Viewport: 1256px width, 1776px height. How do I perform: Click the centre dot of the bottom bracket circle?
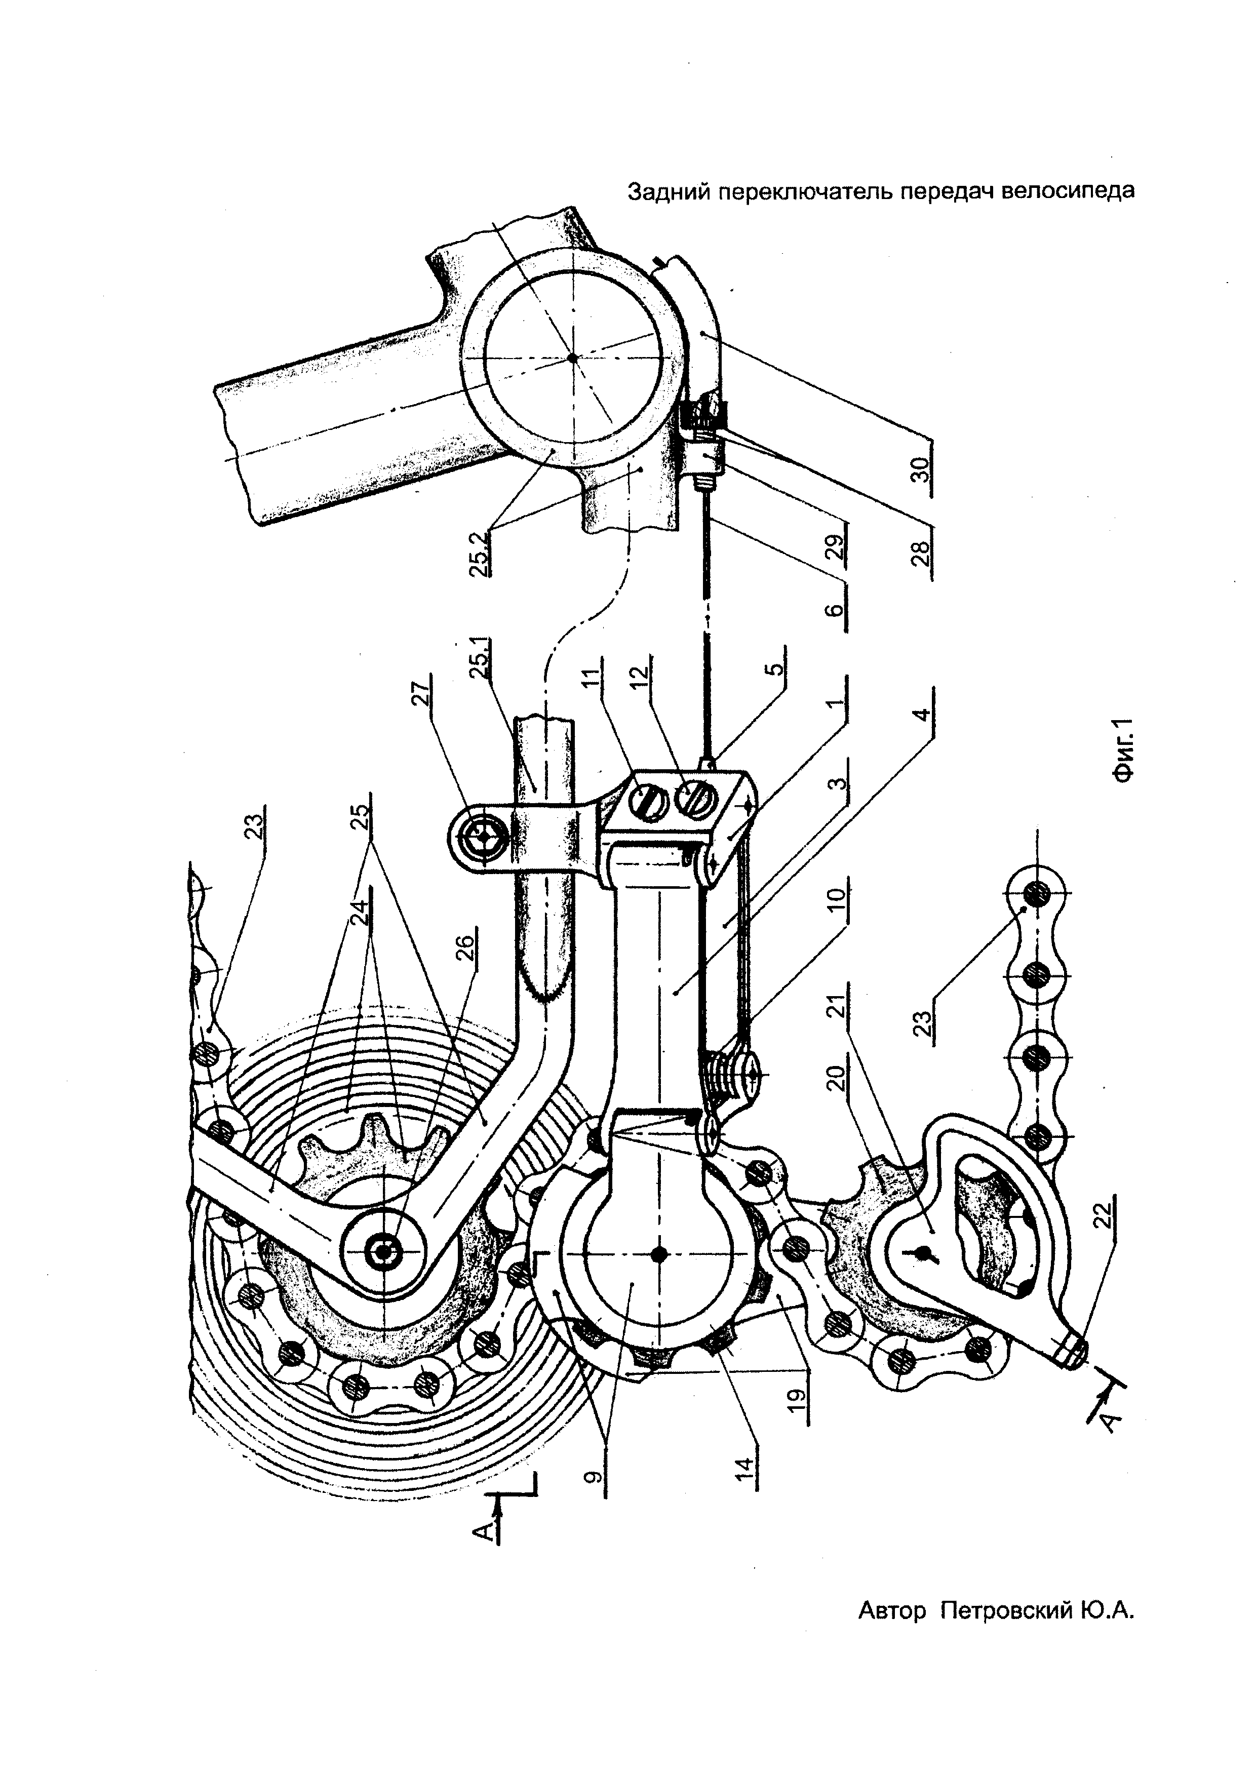(572, 358)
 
